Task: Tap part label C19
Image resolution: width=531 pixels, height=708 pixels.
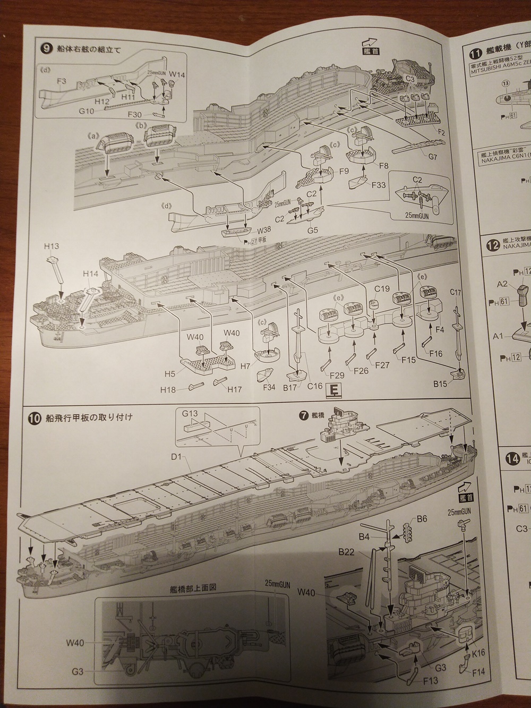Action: [x=382, y=289]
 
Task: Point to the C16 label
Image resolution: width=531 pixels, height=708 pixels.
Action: [x=315, y=386]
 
